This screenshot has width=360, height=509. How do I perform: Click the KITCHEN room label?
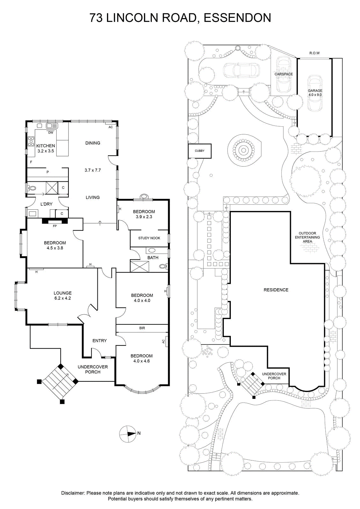46,146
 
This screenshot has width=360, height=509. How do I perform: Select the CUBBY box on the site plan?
200,151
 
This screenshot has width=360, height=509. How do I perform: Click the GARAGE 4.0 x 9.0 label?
315,93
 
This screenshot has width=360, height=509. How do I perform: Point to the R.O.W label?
314,53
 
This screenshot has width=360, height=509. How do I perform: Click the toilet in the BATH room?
163,266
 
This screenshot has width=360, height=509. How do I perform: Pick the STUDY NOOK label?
149,238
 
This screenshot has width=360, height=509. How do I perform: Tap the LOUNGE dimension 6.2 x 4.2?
63,298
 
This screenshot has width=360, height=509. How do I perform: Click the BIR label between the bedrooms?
142,328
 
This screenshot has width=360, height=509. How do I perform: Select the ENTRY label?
100,341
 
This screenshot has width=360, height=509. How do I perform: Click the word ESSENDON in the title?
237,18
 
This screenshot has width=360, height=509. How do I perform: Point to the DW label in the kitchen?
51,133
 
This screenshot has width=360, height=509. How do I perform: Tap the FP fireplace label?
55,226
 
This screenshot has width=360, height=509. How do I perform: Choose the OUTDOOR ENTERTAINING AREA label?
307,237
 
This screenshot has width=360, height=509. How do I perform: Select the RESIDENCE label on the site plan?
276,290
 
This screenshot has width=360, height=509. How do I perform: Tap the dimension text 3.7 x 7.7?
93,170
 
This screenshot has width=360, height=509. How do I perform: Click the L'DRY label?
46,204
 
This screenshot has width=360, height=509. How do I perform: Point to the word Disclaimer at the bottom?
73,493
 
